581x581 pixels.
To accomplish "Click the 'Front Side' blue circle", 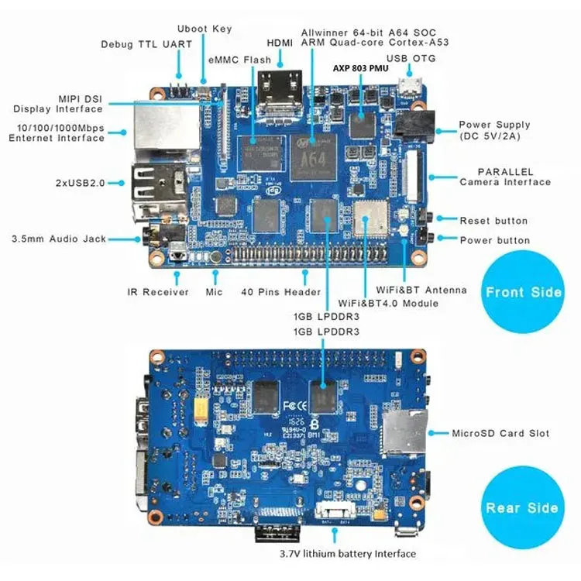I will (x=523, y=292).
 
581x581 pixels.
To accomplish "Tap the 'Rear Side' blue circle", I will (x=522, y=507).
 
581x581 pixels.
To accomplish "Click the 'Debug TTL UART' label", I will (x=146, y=44).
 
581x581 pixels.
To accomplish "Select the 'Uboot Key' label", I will (x=205, y=29).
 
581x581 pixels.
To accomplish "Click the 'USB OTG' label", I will (x=411, y=58).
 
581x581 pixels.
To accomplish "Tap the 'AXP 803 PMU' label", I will (x=361, y=67).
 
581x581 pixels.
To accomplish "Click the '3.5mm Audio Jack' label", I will (x=59, y=239).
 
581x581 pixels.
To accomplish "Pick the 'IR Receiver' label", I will (x=158, y=292).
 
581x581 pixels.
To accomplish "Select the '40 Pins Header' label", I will (x=280, y=292).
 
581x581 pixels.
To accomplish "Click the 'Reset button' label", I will (x=493, y=221).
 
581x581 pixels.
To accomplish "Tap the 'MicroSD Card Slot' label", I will (x=500, y=433).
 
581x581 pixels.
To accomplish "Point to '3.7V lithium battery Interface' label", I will (x=348, y=554).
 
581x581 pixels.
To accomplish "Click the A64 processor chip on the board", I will (x=314, y=152).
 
